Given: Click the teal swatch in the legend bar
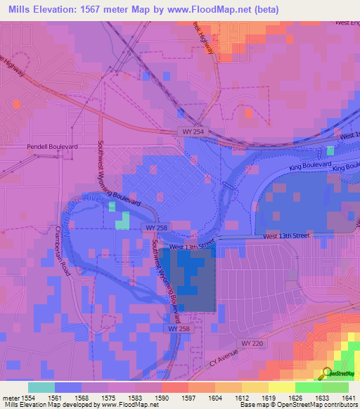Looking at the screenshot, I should (41, 387).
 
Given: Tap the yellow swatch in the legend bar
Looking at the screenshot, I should (281, 387).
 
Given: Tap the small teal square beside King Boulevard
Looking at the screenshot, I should (330, 150).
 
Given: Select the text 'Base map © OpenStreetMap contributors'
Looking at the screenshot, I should (298, 405).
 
